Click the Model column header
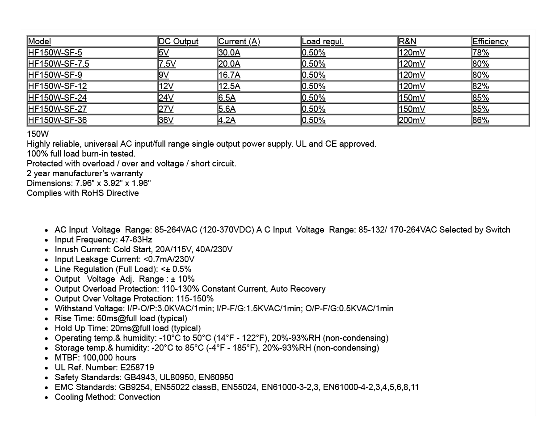coord(39,42)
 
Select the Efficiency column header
coord(490,42)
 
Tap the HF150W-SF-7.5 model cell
coord(59,64)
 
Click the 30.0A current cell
coord(229,53)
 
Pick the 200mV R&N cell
coord(412,120)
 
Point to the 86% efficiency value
coord(480,120)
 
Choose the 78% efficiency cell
coord(480,53)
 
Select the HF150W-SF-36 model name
coord(57,120)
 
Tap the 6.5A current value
coord(227,98)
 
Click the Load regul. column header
coord(323,42)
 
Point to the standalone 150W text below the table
coord(38,134)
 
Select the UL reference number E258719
coord(137,368)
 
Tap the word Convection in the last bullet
coord(139,397)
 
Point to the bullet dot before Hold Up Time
coord(46,329)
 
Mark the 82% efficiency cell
coord(480,86)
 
